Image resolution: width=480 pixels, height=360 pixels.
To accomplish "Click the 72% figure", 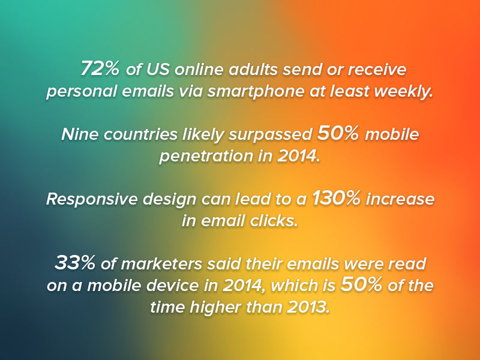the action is [x=100, y=68].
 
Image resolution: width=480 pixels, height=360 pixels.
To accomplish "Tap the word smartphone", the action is [x=256, y=92].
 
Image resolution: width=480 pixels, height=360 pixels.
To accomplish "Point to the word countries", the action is [x=140, y=134].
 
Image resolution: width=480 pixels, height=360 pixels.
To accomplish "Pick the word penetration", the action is [x=206, y=156].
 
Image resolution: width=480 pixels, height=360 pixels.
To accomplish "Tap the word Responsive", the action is [x=92, y=199].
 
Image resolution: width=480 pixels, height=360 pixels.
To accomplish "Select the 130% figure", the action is [x=336, y=198].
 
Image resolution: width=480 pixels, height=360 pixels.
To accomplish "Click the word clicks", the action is [x=274, y=221].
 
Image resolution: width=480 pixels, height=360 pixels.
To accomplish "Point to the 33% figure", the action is [x=74, y=263].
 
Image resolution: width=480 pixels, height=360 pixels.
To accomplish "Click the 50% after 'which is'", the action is [x=362, y=284].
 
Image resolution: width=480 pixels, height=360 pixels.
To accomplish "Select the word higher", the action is [x=215, y=307].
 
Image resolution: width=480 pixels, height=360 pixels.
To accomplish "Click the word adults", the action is [x=253, y=69].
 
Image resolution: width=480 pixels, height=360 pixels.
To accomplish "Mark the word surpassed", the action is [x=271, y=134].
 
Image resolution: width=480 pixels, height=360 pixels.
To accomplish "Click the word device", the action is [x=173, y=286].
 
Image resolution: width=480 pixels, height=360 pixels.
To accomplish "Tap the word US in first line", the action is [x=158, y=69].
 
